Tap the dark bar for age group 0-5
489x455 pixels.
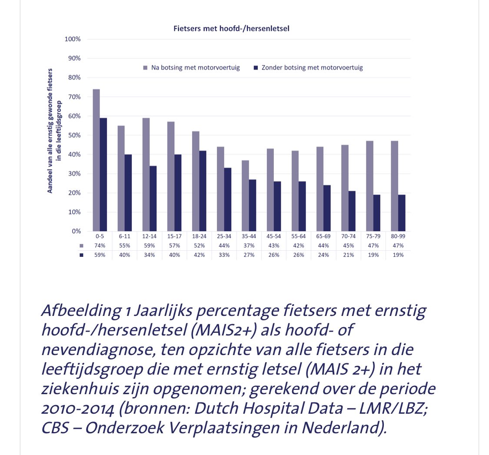pos(103,174)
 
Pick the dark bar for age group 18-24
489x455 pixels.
pos(203,191)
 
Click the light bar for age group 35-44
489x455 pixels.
pos(246,196)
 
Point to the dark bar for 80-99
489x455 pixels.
pos(402,213)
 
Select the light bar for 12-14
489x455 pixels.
pos(146,174)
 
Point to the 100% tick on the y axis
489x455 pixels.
pos(73,39)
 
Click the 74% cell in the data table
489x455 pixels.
pos(100,246)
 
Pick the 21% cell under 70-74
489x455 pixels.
pos(348,255)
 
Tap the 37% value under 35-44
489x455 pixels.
pos(249,246)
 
